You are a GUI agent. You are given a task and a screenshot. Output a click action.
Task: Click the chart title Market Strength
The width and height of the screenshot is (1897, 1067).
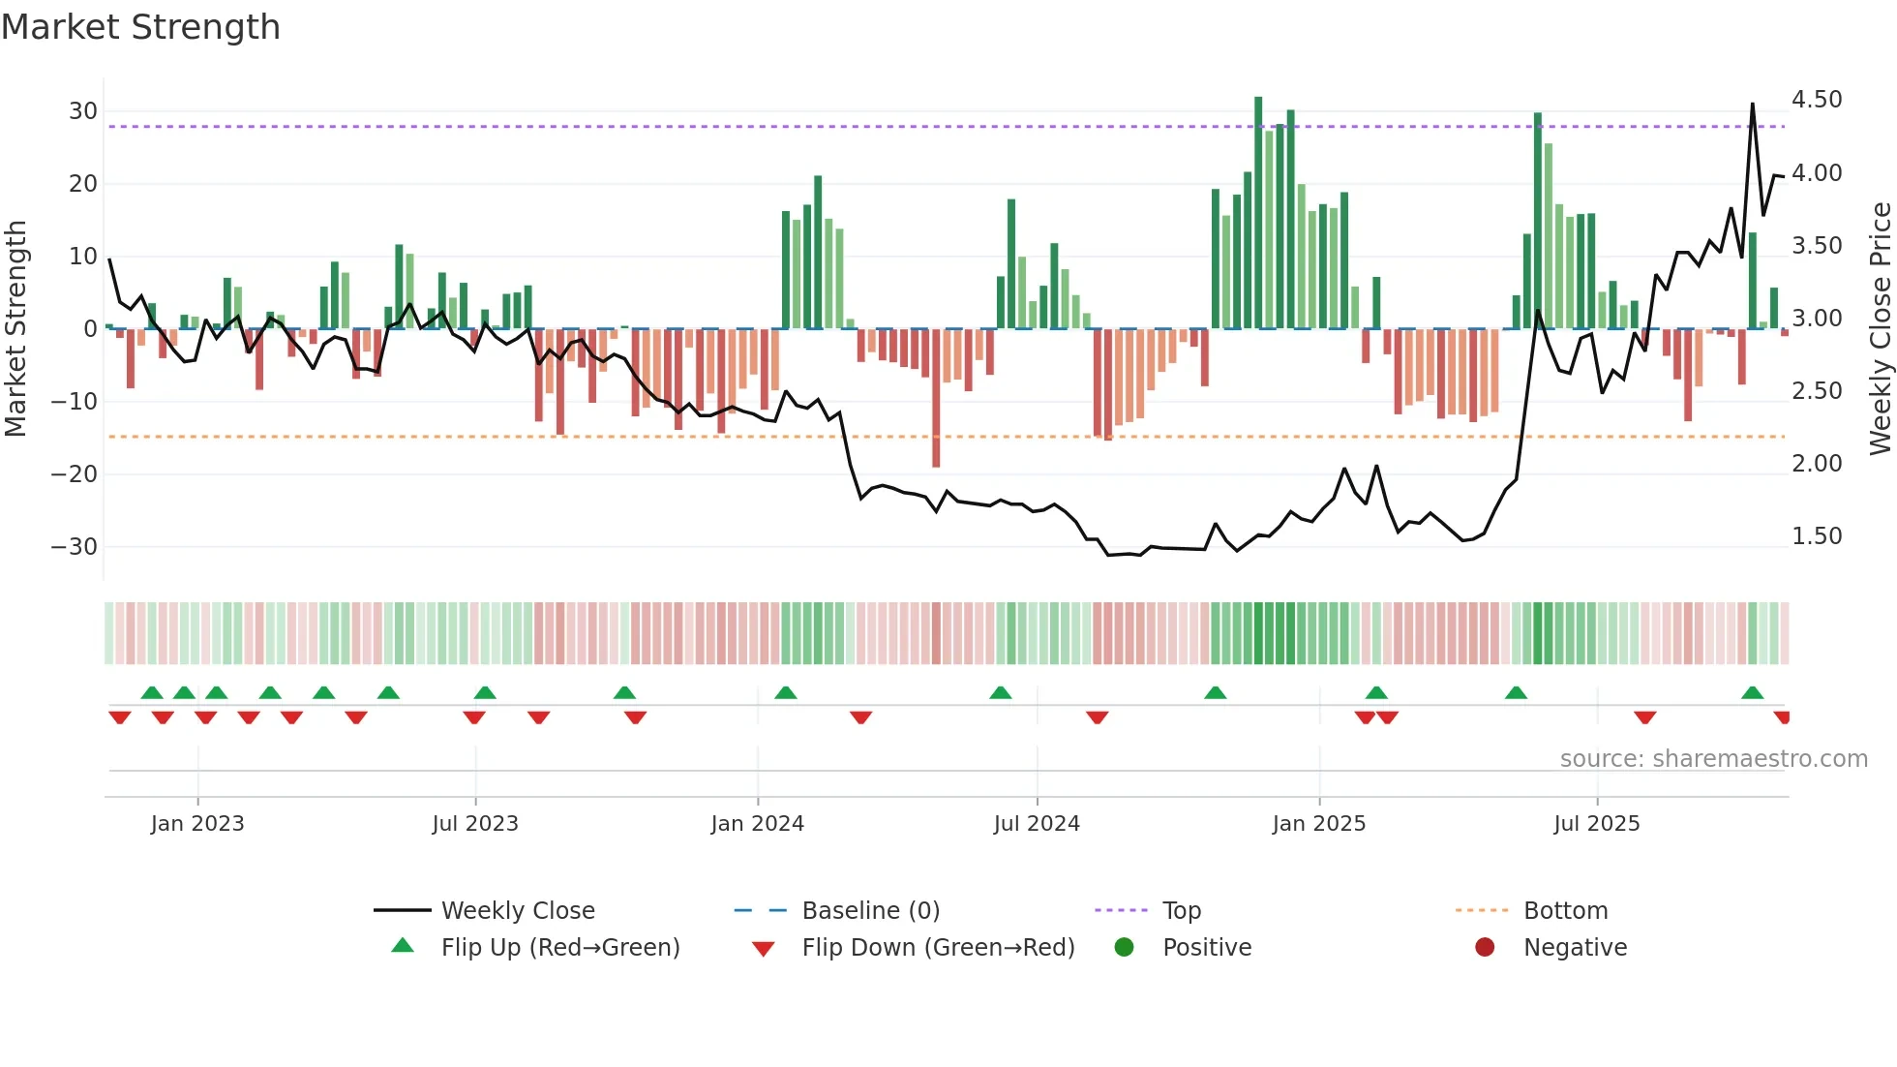[x=140, y=27]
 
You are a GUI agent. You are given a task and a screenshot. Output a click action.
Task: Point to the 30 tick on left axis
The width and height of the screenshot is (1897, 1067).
[x=83, y=111]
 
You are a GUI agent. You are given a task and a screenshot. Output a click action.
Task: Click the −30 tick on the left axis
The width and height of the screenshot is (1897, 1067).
[x=75, y=547]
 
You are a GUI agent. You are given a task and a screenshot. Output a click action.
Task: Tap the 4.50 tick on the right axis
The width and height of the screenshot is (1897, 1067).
[x=1817, y=100]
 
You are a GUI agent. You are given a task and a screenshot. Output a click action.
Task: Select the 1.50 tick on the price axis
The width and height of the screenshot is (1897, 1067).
[x=1817, y=536]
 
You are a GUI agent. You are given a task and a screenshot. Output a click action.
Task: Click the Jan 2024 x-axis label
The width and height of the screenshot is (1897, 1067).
[x=757, y=824]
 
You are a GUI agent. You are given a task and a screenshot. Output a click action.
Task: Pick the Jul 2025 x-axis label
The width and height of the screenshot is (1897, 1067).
[x=1596, y=824]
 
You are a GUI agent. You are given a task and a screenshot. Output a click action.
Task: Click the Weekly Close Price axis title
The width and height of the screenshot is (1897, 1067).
[x=1880, y=329]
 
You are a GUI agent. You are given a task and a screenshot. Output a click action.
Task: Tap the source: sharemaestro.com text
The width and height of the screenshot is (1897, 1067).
[x=1713, y=759]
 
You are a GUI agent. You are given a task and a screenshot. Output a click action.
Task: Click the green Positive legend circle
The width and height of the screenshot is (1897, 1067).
[x=1124, y=948]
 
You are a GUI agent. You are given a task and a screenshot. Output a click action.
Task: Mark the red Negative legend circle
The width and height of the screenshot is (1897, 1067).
[x=1485, y=948]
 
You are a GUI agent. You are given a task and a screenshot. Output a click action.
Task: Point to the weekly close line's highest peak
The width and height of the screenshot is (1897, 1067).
[x=1752, y=104]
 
